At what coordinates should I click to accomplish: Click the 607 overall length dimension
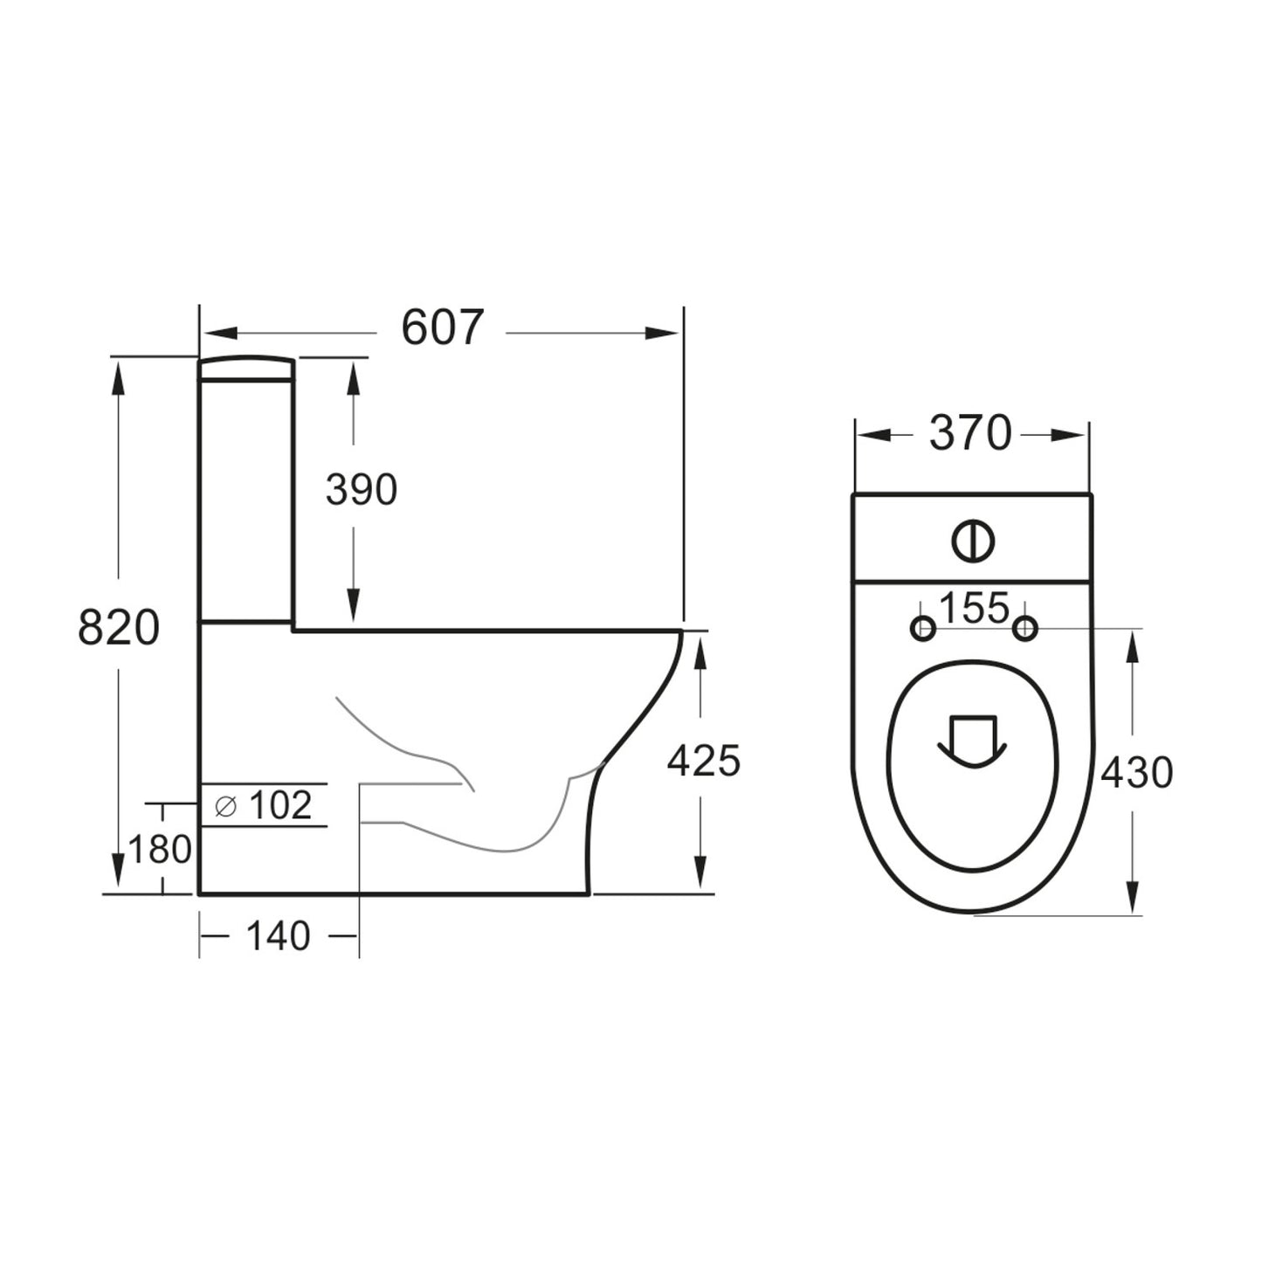(442, 329)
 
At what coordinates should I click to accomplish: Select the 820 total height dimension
(119, 627)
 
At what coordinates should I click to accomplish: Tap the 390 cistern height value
(361, 490)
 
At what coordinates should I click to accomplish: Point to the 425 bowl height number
(703, 761)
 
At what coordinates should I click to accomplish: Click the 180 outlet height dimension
(160, 849)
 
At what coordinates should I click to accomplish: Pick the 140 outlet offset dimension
(278, 936)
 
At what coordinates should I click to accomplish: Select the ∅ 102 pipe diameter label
(264, 805)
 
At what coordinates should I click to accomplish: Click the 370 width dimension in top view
(970, 434)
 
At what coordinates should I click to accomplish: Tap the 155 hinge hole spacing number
(974, 609)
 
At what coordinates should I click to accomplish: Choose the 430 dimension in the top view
(1136, 772)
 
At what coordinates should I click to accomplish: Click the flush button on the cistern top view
(973, 541)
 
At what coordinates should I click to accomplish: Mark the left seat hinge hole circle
(923, 628)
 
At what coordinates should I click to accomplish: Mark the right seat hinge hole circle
(1024, 627)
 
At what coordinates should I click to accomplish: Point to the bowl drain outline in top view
(972, 741)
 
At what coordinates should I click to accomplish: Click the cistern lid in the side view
(245, 369)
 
